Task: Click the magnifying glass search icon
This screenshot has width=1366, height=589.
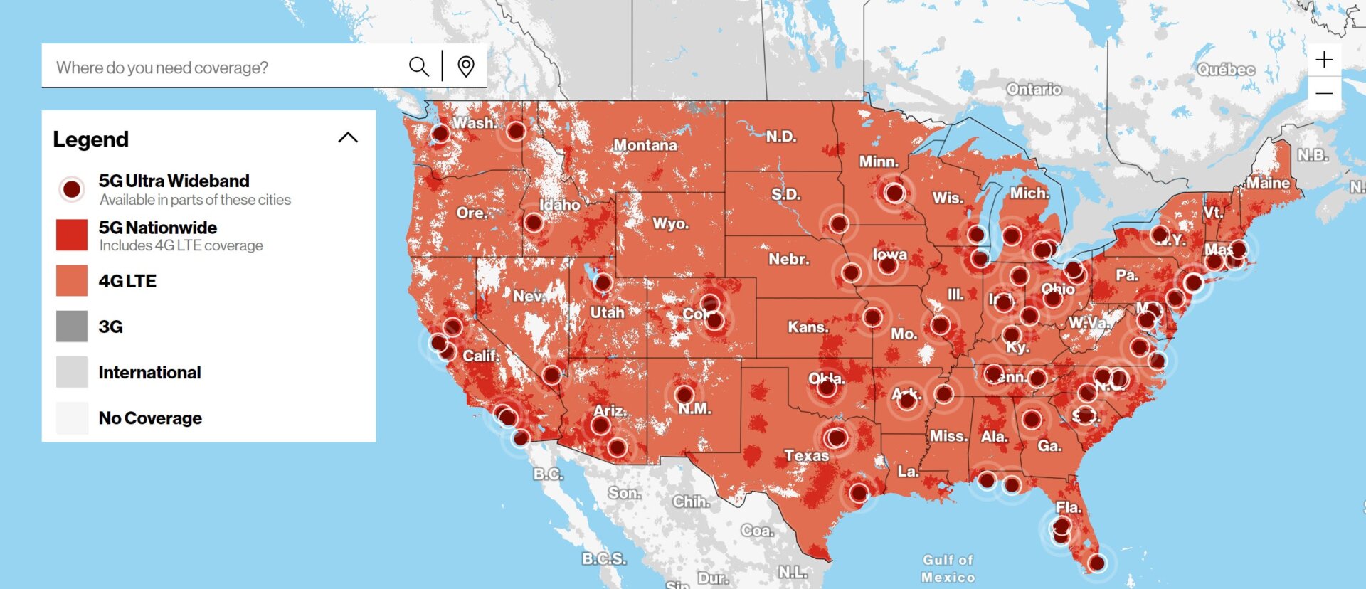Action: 418,67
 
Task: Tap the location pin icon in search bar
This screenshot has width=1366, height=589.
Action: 466,67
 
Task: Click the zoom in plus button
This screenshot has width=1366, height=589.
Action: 1324,60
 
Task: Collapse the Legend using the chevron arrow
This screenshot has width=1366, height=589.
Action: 348,138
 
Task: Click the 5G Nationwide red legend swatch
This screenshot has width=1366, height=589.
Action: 72,235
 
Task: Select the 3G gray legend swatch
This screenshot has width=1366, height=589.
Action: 72,327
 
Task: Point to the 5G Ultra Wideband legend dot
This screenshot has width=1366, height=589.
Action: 72,189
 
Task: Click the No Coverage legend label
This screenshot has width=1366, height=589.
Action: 150,418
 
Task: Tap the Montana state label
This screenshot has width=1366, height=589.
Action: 645,145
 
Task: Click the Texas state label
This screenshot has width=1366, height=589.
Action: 806,455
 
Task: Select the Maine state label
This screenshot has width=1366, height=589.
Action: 1268,183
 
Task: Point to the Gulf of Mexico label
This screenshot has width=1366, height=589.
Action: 948,568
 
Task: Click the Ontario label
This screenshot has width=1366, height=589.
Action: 1034,89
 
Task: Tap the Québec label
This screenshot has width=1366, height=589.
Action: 1226,69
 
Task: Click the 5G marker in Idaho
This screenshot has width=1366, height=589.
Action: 534,223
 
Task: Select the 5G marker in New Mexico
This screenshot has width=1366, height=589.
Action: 684,394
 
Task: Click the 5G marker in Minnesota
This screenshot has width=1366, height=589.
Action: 894,192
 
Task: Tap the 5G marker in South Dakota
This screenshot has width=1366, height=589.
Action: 839,224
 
